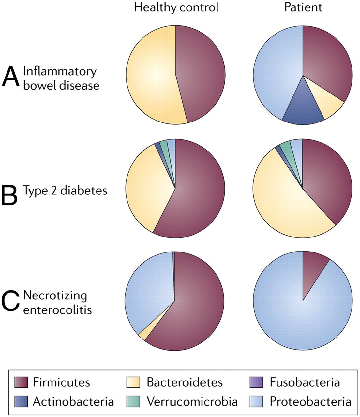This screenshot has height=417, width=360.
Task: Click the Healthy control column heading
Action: [176, 7]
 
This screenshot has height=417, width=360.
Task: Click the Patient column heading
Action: [303, 7]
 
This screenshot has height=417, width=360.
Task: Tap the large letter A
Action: [11, 77]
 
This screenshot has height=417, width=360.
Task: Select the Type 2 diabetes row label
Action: [65, 191]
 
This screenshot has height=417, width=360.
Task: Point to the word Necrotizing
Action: [55, 296]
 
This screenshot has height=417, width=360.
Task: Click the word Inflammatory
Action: [60, 72]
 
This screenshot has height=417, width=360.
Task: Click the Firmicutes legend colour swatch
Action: [21, 382]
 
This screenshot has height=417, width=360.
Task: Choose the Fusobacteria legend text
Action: [305, 382]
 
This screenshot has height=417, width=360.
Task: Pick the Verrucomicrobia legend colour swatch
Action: [133, 401]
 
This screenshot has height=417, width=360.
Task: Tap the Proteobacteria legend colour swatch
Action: [256, 401]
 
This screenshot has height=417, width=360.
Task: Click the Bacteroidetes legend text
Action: [185, 382]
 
